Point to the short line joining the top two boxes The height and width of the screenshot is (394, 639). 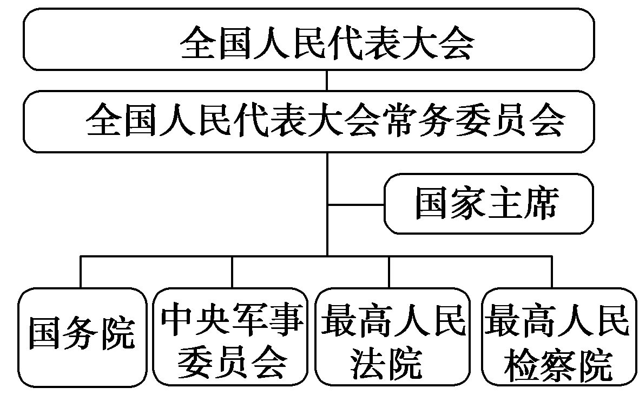pyautogui.click(x=327, y=80)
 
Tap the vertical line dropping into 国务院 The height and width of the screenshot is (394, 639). pyautogui.click(x=81, y=271)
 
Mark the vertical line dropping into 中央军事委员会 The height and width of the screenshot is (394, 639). pyautogui.click(x=233, y=271)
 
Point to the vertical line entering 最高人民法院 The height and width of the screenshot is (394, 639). pyautogui.click(x=390, y=271)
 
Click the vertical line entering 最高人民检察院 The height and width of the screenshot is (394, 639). pyautogui.click(x=552, y=271)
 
